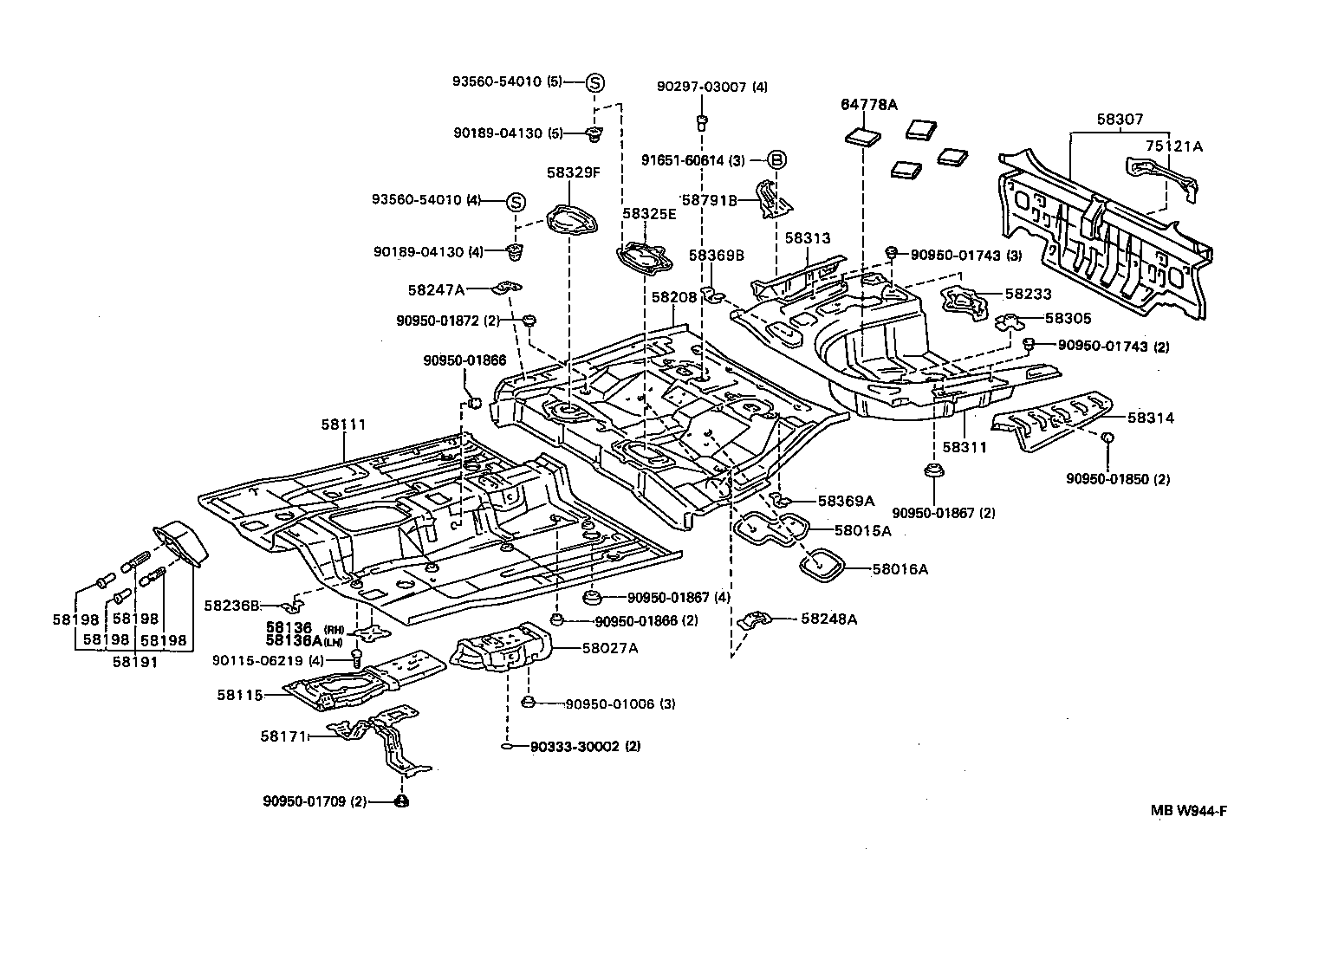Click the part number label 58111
click(x=344, y=425)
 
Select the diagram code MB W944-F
click(x=1189, y=811)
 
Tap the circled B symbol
click(x=777, y=159)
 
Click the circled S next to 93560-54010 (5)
click(x=595, y=82)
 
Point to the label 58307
click(x=1119, y=120)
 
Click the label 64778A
click(x=868, y=105)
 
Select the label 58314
click(x=1151, y=418)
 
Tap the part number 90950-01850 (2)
click(x=1118, y=479)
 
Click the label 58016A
click(x=900, y=569)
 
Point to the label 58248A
click(x=829, y=619)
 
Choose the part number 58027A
click(x=610, y=647)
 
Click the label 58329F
click(x=573, y=172)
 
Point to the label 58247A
click(x=437, y=290)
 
